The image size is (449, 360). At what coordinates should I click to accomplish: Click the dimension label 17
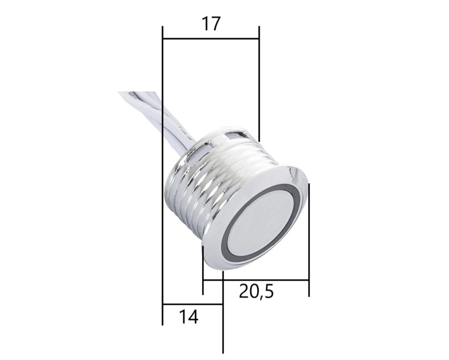(210, 24)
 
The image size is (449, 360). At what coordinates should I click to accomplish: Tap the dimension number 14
(189, 317)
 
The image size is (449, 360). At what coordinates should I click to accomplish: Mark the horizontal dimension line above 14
(192, 304)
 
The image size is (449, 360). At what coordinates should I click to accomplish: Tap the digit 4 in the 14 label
(193, 317)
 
